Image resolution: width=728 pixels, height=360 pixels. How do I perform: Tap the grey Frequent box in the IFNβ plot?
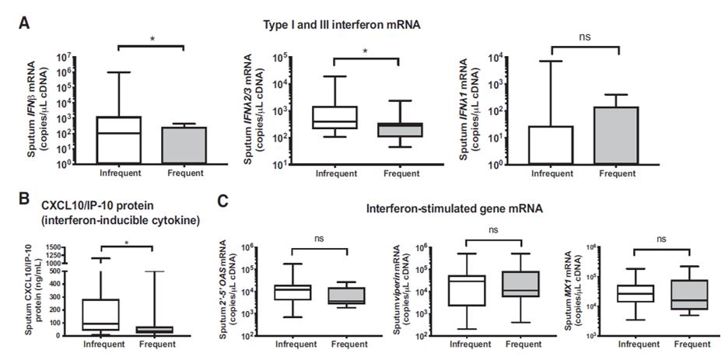(184, 145)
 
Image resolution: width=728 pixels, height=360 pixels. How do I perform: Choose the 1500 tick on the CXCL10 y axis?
(51, 246)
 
